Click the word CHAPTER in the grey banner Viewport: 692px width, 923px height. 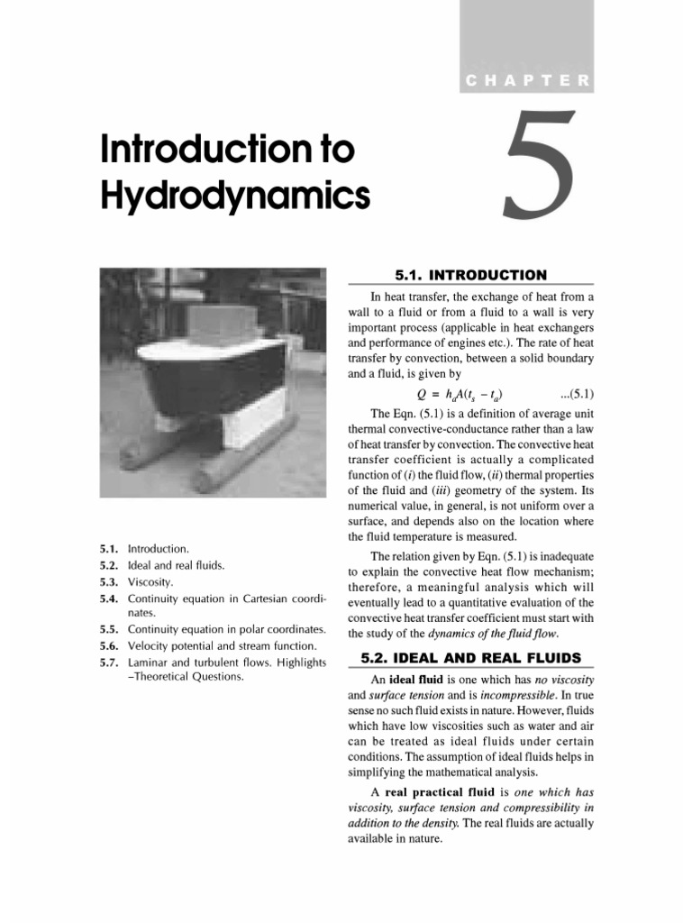(x=528, y=81)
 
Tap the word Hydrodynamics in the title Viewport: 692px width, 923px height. (x=235, y=194)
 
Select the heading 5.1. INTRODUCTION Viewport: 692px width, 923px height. (x=470, y=275)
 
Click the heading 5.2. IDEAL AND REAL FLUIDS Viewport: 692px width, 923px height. (x=470, y=657)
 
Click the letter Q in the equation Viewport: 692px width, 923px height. (x=421, y=394)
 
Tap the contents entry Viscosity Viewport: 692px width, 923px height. (x=150, y=582)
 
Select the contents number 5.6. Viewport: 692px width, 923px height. (x=109, y=646)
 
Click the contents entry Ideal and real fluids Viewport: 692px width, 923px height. (x=176, y=565)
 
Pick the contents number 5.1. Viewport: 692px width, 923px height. (x=109, y=548)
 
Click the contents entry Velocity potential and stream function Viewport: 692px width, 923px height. (x=222, y=646)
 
